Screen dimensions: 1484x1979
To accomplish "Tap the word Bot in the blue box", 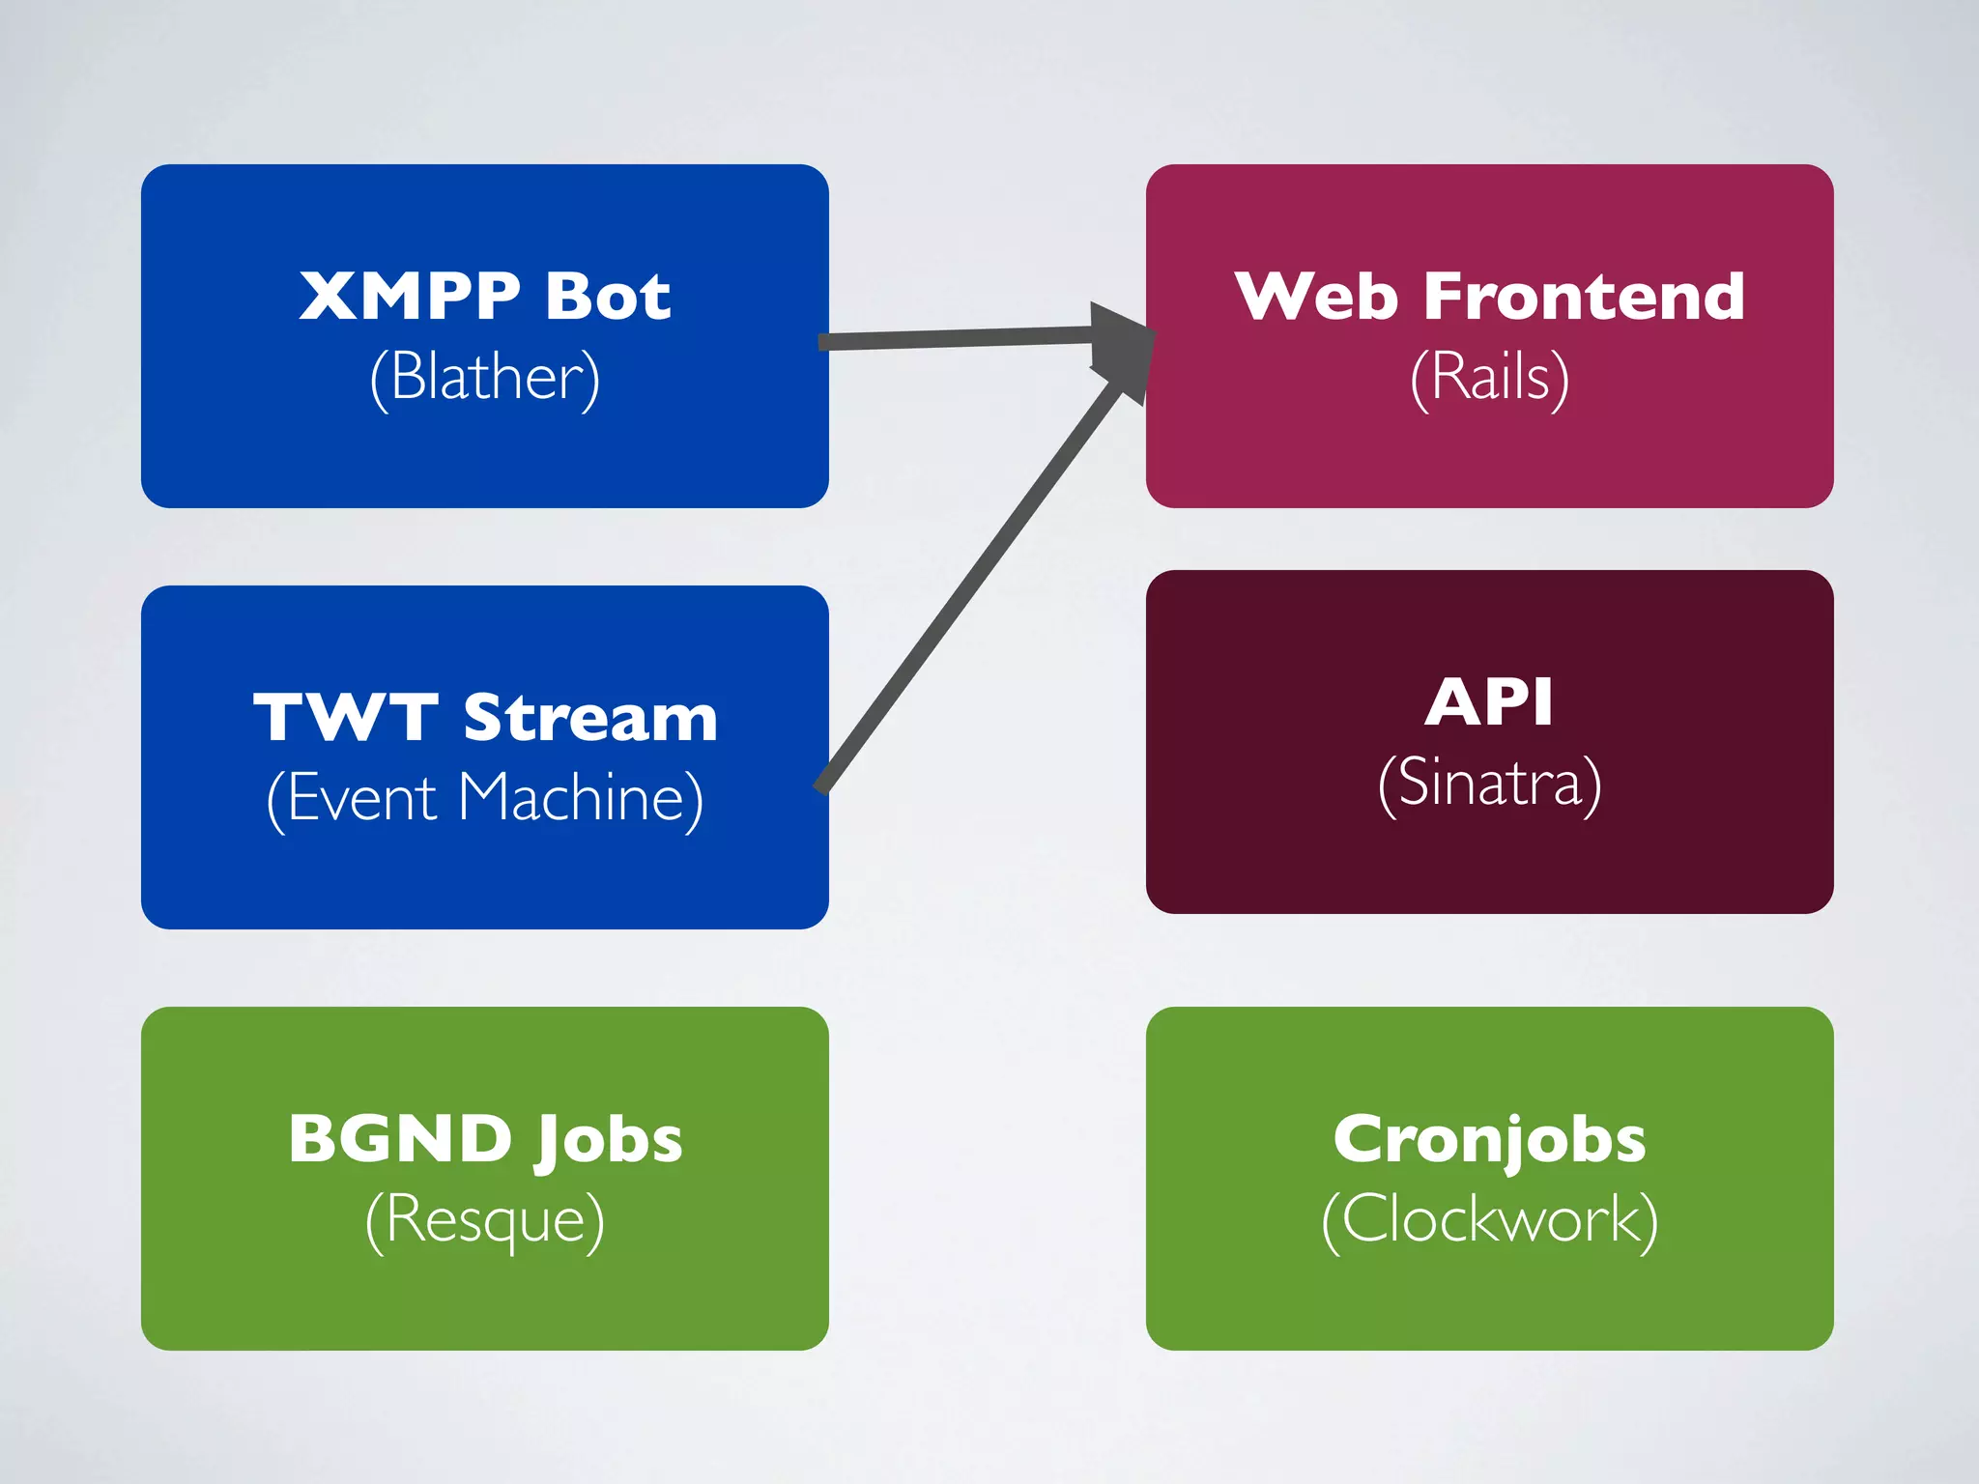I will click(x=607, y=296).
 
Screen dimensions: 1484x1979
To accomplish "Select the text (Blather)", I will click(x=485, y=377).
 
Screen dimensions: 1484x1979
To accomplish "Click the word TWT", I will click(x=346, y=718).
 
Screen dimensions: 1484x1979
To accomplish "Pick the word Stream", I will click(x=590, y=718).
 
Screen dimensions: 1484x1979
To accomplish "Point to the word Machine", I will click(x=580, y=799).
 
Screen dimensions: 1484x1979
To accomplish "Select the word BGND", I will click(x=400, y=1139).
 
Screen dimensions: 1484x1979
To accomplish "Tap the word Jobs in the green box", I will click(x=609, y=1141).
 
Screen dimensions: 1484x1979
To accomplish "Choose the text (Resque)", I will click(x=485, y=1220).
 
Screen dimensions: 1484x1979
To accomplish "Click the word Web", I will click(x=1315, y=296).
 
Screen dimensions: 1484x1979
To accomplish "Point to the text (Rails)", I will click(x=1489, y=377).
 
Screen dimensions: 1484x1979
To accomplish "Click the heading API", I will click(x=1489, y=701).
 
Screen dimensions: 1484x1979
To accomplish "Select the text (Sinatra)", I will click(x=1489, y=783).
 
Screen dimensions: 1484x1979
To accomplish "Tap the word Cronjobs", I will click(x=1489, y=1141).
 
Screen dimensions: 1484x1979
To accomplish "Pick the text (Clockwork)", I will click(x=1489, y=1220).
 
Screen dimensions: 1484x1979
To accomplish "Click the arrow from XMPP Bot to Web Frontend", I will click(x=957, y=338).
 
